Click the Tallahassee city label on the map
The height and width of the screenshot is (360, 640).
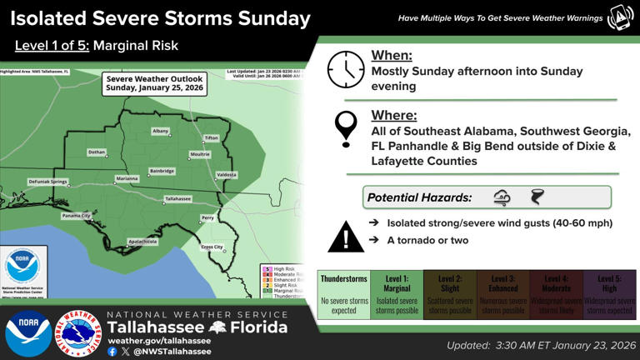(177, 199)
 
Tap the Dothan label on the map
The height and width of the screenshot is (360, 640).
(97, 152)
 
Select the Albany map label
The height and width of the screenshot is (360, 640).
(160, 132)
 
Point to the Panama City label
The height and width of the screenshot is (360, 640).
(76, 216)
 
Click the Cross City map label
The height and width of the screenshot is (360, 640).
(212, 247)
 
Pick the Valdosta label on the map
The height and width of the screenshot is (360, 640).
(226, 175)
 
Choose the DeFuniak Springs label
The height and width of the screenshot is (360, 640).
(47, 182)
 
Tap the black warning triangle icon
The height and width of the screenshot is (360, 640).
(344, 237)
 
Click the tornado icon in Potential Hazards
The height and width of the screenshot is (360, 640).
(537, 197)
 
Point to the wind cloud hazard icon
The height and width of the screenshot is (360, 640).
(502, 197)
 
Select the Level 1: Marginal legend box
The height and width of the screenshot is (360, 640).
(397, 294)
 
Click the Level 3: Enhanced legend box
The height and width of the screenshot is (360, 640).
(503, 294)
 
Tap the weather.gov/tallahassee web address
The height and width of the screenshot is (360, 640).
(157, 340)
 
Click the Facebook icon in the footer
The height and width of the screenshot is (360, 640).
(112, 352)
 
